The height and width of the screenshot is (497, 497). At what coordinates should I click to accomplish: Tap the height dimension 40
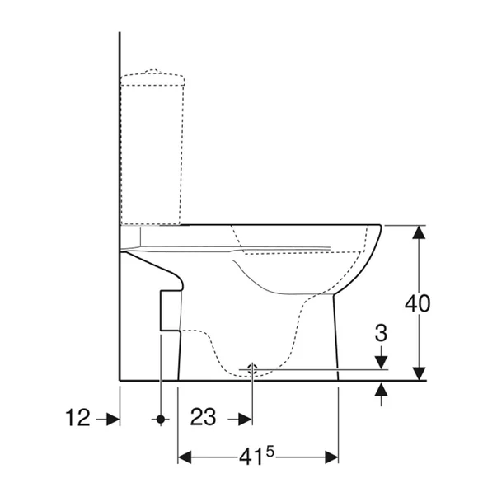[x=417, y=302]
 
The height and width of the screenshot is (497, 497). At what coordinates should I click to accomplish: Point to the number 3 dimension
[x=380, y=334]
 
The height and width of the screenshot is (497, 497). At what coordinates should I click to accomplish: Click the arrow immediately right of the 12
[x=108, y=419]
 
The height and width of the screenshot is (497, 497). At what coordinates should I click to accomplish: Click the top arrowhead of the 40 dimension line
[x=419, y=232]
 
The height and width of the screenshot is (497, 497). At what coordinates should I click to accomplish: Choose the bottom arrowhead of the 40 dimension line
[x=419, y=373]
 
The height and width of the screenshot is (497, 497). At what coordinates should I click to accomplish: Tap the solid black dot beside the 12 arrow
[x=161, y=419]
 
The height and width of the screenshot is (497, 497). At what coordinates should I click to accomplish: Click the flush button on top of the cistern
[x=152, y=73]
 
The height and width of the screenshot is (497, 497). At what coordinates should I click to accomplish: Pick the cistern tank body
[x=153, y=148]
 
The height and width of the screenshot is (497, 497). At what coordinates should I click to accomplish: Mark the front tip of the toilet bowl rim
[x=380, y=227]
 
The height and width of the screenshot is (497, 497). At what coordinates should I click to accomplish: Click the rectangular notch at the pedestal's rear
[x=169, y=310]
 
